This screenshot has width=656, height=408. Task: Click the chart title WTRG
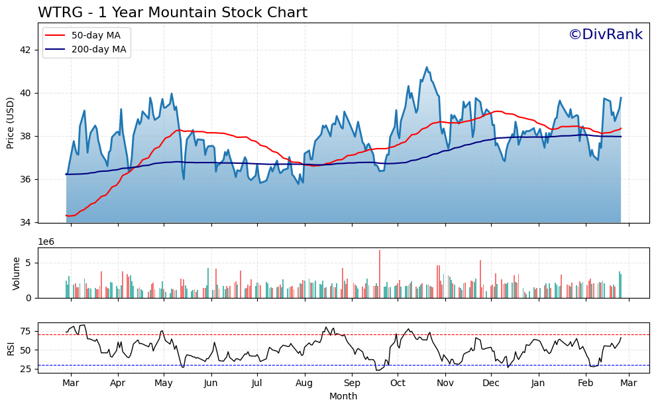(172, 13)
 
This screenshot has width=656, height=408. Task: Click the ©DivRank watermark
(605, 35)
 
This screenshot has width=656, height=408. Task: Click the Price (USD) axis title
(11, 123)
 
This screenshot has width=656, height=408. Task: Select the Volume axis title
(17, 273)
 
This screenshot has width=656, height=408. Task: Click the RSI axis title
(11, 348)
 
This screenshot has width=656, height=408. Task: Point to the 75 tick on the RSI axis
(25, 331)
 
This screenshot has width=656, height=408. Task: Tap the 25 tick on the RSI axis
(25, 369)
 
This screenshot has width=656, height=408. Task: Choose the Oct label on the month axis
(398, 383)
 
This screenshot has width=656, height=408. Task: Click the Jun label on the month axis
(211, 383)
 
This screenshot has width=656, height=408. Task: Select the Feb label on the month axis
(585, 383)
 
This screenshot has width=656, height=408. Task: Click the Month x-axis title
(343, 396)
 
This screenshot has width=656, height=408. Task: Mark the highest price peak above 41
(427, 67)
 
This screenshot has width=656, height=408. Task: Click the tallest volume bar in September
(380, 273)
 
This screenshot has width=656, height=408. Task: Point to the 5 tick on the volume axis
(30, 263)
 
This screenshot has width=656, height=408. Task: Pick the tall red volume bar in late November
(480, 279)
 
